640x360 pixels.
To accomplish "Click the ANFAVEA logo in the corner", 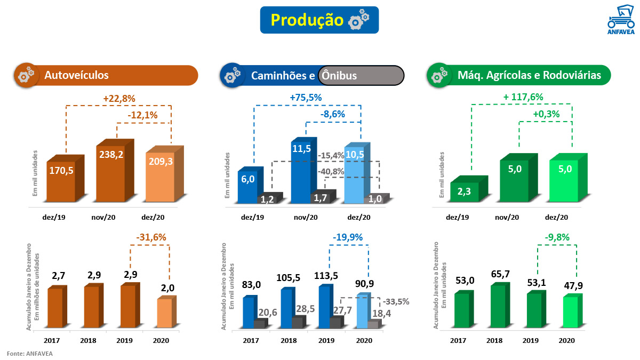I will pos(621,22).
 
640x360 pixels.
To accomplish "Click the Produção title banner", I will pos(319,20).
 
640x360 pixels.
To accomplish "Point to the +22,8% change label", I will pos(119,99).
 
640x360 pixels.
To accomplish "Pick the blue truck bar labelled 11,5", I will pos(301,171).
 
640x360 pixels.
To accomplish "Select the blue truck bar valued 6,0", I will pos(247,184).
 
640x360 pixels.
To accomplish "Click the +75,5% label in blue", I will pos(306,98).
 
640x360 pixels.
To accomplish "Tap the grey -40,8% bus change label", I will pos(331,172).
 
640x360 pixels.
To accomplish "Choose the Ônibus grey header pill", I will pos(361,76).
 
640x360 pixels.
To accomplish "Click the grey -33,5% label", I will pos(396,301).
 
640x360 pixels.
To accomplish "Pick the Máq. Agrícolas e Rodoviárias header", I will pos(529,76).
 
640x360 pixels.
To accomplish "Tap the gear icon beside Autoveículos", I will pos(25,75).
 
